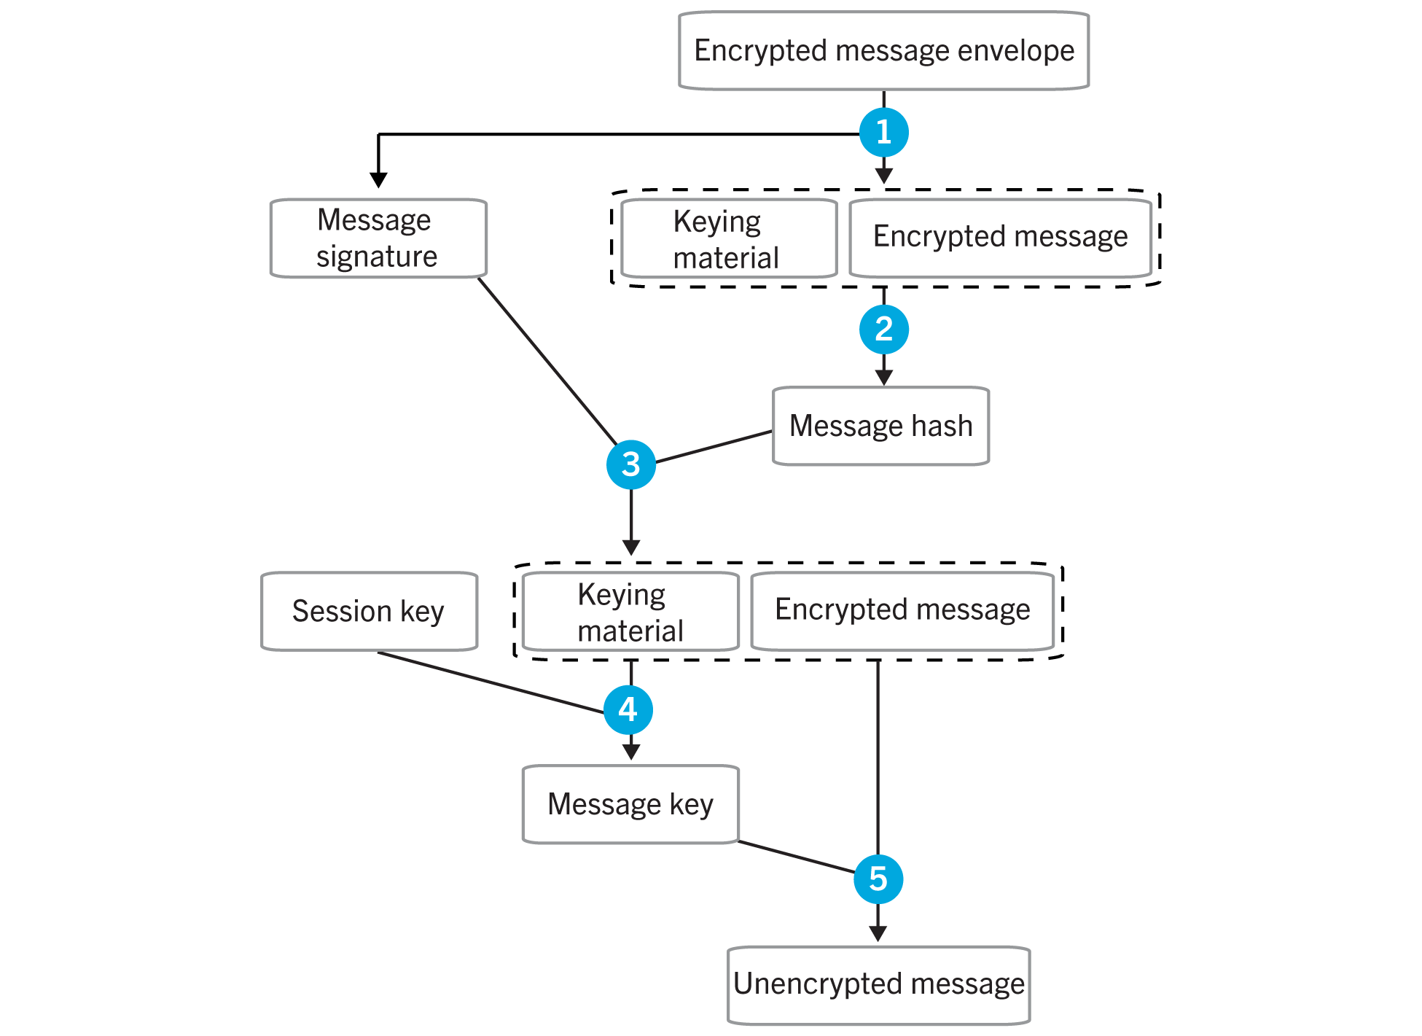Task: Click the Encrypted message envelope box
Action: (x=883, y=51)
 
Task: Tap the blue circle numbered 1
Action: (x=883, y=133)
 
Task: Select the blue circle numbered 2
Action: (x=883, y=330)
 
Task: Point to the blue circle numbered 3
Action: (x=631, y=464)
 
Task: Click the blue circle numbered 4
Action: (x=628, y=709)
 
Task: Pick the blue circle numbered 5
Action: (x=878, y=879)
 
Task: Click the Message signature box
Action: (x=378, y=238)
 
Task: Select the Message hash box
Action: (x=880, y=426)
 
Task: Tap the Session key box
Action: (x=369, y=611)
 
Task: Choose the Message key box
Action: (x=630, y=804)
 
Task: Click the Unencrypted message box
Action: (x=878, y=985)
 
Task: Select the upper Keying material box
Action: (x=727, y=239)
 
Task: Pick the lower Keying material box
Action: (x=630, y=612)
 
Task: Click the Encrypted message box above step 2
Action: (x=1000, y=238)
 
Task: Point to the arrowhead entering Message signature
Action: (x=378, y=180)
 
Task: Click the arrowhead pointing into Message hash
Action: (x=883, y=378)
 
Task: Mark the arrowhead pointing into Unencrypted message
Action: (x=878, y=934)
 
